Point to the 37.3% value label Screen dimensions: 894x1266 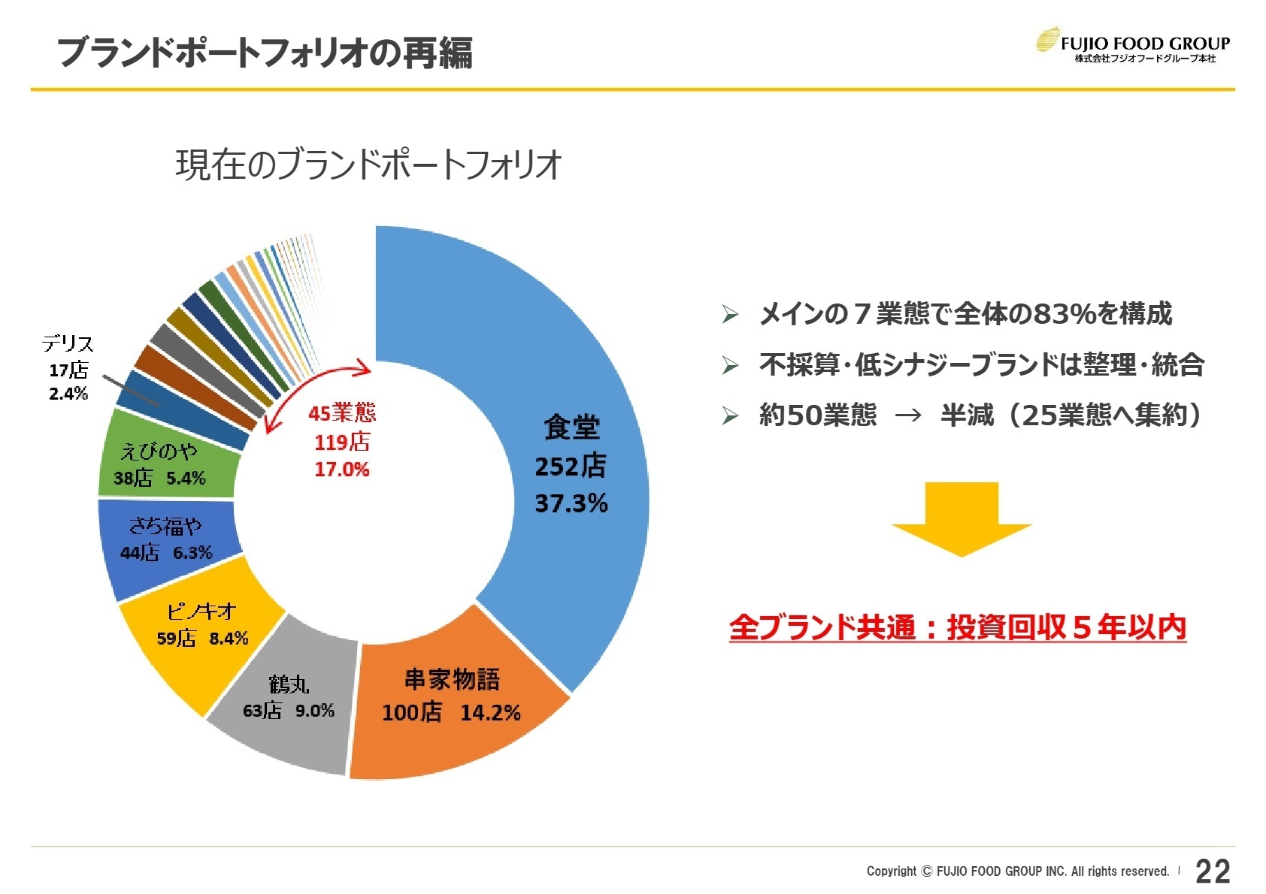point(571,503)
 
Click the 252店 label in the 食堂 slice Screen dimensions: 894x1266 point(570,467)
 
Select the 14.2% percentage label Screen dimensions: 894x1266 point(490,713)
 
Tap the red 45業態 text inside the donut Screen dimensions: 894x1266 point(342,412)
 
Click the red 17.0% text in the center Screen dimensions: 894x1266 point(342,470)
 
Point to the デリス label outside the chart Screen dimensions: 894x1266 point(68,344)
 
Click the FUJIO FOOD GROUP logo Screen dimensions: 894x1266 point(1133,45)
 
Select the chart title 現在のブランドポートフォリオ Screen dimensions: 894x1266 point(368,165)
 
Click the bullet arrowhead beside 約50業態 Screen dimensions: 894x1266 point(730,415)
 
